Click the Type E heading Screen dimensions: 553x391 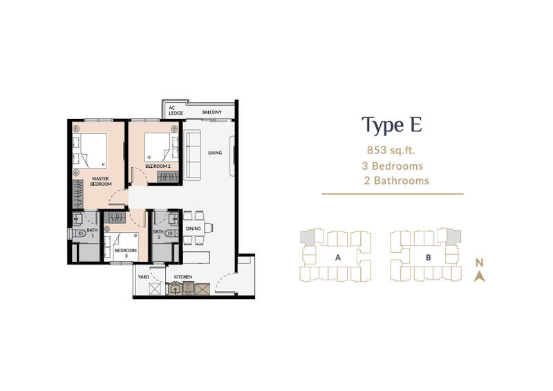click(392, 126)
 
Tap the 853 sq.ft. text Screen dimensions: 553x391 click(391, 151)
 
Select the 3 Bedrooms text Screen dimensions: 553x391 click(392, 166)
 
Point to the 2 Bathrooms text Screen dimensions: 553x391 click(396, 180)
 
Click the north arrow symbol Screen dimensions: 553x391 click(479, 277)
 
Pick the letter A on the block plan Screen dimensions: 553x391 click(338, 258)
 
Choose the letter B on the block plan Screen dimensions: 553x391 click(429, 258)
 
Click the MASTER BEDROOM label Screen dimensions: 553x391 click(101, 181)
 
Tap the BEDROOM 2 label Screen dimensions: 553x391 click(158, 166)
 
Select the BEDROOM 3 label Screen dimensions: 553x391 click(126, 253)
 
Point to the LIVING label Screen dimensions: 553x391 click(215, 153)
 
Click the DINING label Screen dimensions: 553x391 click(194, 229)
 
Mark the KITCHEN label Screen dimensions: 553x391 click(183, 277)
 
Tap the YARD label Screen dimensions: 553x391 click(144, 277)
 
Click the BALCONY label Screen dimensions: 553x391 click(212, 112)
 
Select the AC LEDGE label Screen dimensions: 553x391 click(176, 111)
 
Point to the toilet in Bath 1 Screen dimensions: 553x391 click(80, 233)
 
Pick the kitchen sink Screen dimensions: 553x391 click(174, 289)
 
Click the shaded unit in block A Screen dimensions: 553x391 click(308, 238)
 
